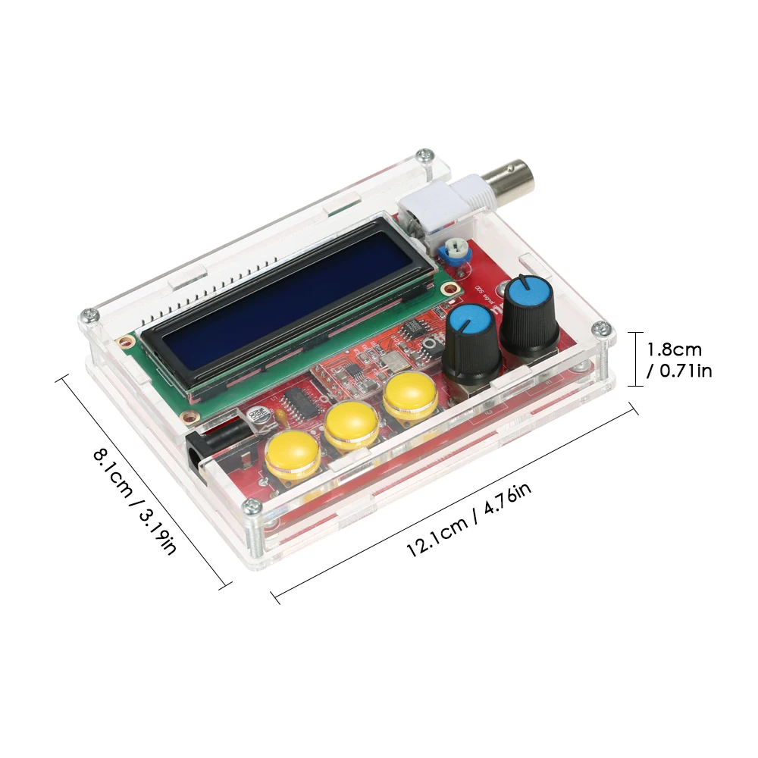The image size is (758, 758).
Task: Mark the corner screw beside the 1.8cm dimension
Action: click(x=600, y=329)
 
